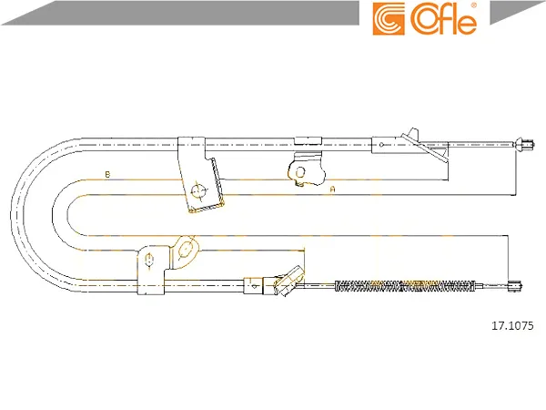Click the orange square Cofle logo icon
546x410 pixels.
[389, 19]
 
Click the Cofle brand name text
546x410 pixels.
[444, 19]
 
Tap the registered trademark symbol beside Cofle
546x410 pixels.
[474, 5]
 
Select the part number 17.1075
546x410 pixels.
[512, 325]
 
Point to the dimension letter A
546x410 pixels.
[332, 190]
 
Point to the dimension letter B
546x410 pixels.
[107, 174]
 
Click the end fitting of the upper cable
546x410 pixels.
[524, 144]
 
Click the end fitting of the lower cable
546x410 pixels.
[515, 286]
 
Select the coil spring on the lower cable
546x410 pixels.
[405, 286]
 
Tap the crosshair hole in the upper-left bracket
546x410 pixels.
[198, 191]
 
